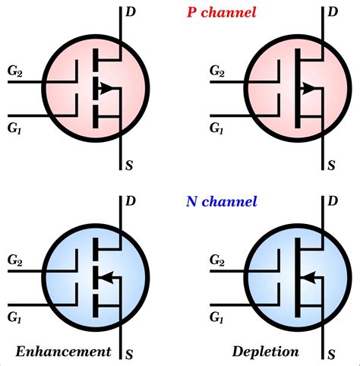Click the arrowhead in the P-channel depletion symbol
[x=311, y=90]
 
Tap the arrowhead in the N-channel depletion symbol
[x=308, y=278]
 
